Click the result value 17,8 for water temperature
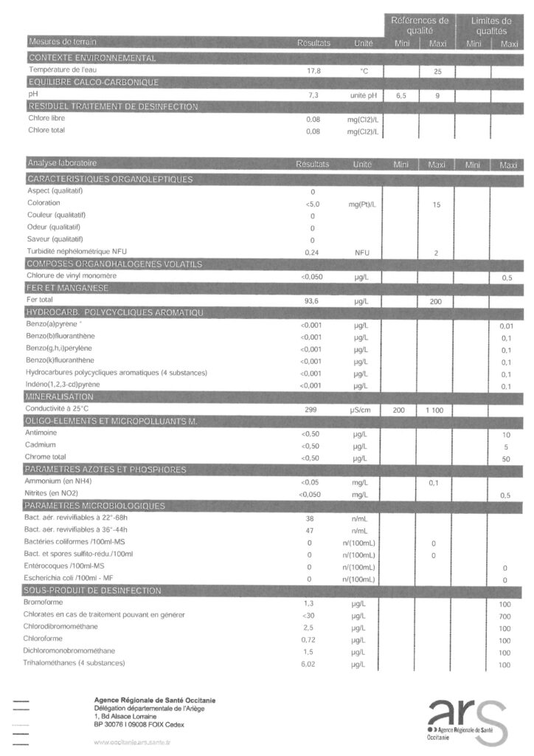pos(313,71)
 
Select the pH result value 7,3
pos(313,95)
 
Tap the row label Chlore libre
pos(46,118)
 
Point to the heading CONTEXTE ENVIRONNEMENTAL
pos(91,58)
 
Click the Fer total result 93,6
pos(313,300)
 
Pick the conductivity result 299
pos(313,408)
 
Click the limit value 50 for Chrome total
pos(505,458)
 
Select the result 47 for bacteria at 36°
pos(311,530)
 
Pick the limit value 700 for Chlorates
pos(505,615)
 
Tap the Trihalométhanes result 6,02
pos(313,664)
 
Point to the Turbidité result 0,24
pos(313,252)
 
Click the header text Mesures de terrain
pos(62,42)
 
